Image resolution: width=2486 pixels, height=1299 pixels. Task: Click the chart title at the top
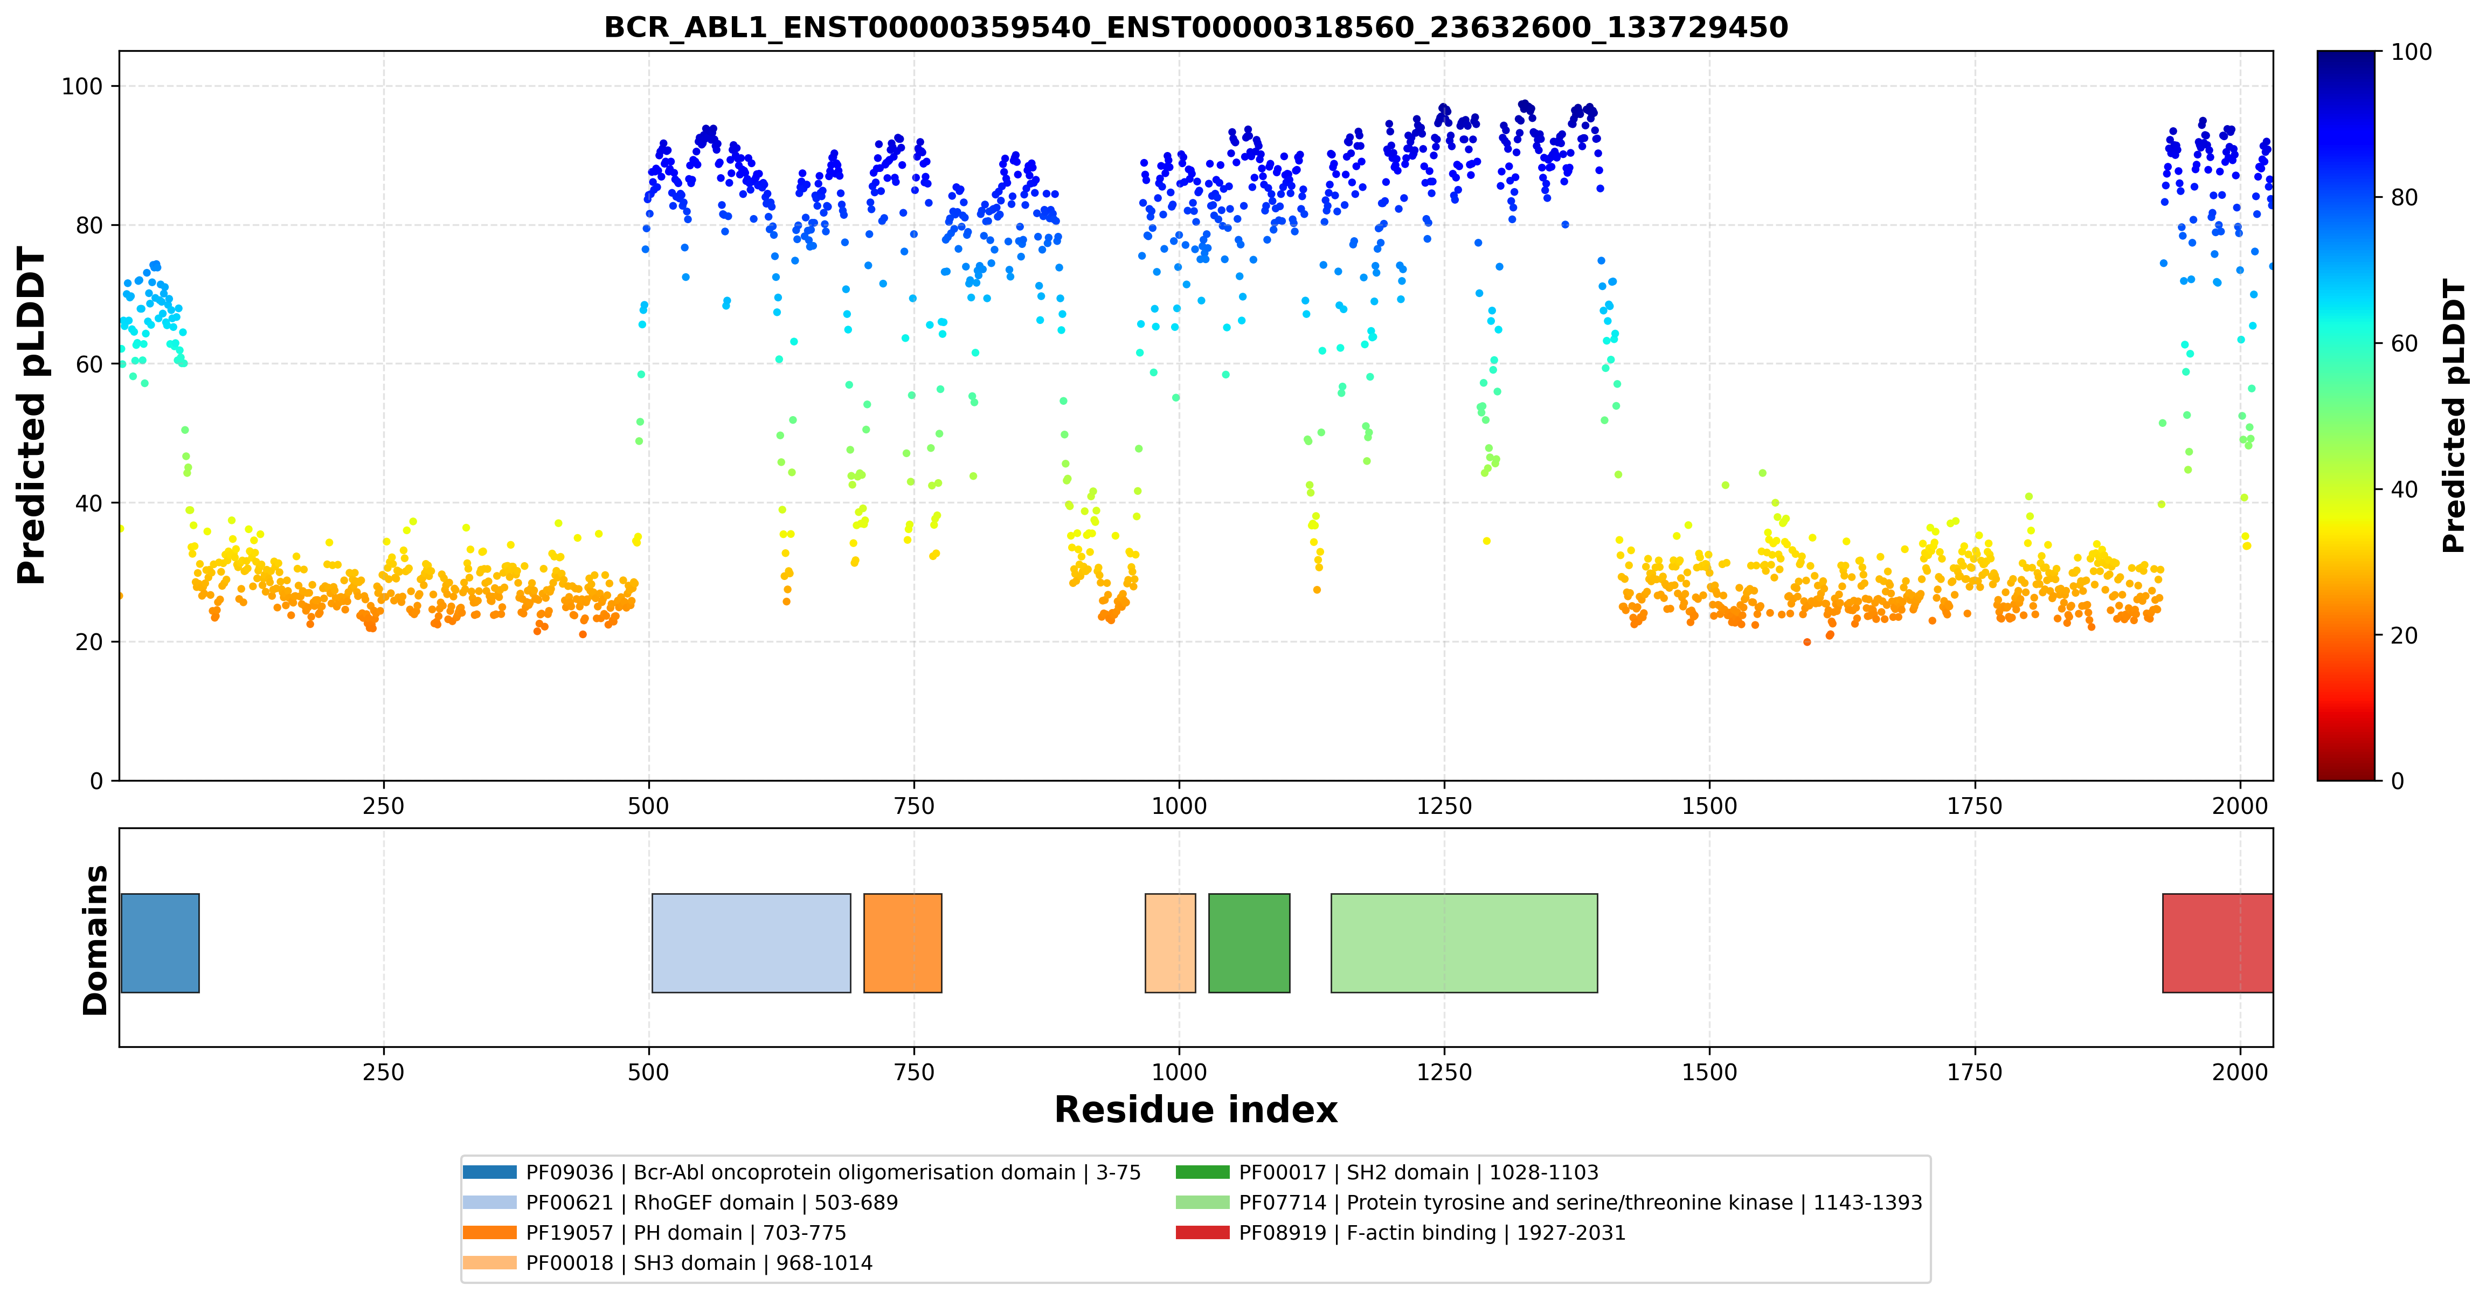coord(1196,27)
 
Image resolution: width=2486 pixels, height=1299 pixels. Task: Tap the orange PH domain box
coord(902,943)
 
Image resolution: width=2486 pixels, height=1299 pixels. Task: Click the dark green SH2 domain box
coord(1249,943)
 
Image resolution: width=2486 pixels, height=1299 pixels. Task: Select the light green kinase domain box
coord(1464,943)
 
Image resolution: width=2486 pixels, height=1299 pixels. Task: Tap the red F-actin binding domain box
coord(2218,943)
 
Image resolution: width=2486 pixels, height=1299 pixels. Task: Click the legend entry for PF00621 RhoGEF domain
coord(680,1203)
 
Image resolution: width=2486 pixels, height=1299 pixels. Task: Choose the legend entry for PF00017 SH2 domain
coord(1387,1172)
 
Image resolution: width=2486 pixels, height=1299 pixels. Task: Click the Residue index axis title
coord(1196,1110)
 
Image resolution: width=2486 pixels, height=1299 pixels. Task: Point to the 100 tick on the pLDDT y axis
coord(82,87)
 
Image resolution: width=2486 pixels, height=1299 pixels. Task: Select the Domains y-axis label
coord(95,940)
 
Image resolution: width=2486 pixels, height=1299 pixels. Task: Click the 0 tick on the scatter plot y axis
coord(96,781)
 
